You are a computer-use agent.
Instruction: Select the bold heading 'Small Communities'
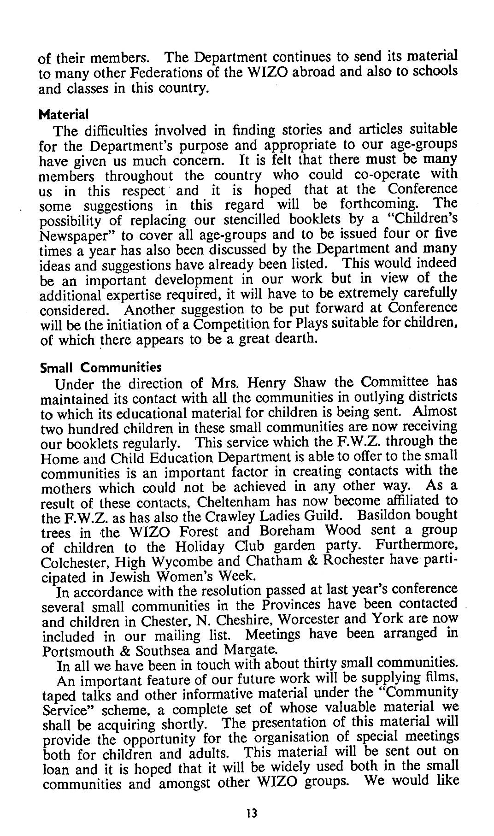[x=101, y=368]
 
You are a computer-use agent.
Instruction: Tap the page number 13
[x=252, y=813]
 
